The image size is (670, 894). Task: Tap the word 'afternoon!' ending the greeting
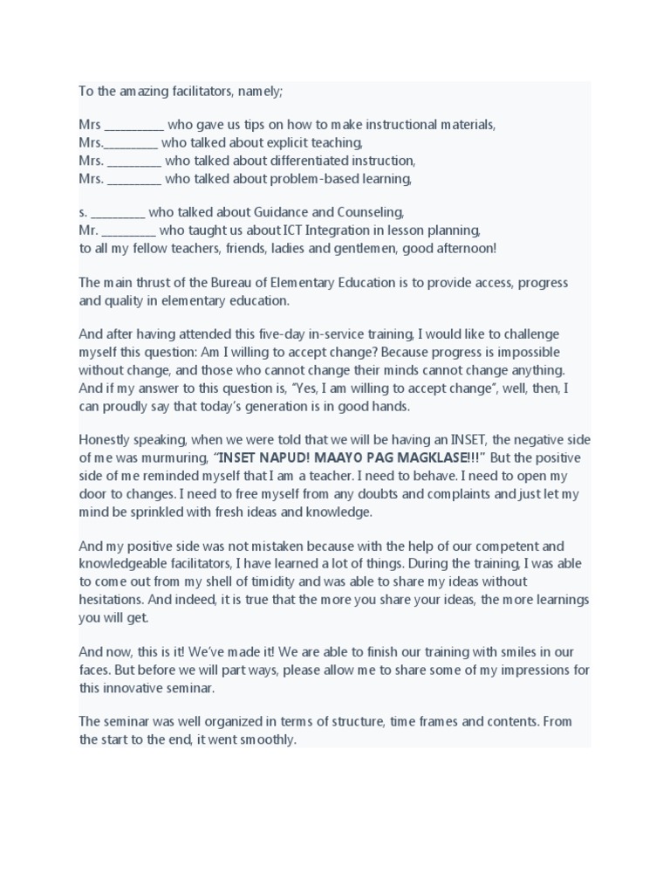coord(464,248)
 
